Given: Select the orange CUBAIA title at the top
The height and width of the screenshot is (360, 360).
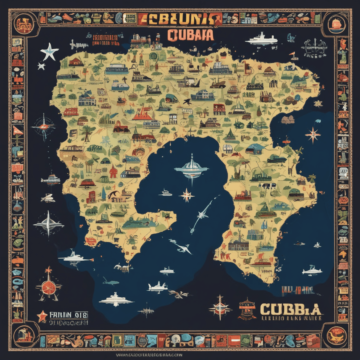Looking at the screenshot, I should (x=190, y=35).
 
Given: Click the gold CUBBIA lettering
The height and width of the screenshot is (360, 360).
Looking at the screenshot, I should (x=290, y=309).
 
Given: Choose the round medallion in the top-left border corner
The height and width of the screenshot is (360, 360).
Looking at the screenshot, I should (x=22, y=23).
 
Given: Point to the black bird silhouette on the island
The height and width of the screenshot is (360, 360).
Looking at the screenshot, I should (x=186, y=102).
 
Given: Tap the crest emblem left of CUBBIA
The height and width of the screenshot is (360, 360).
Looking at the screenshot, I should (x=247, y=309).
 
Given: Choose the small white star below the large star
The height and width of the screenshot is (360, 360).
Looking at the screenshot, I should (x=41, y=66).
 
